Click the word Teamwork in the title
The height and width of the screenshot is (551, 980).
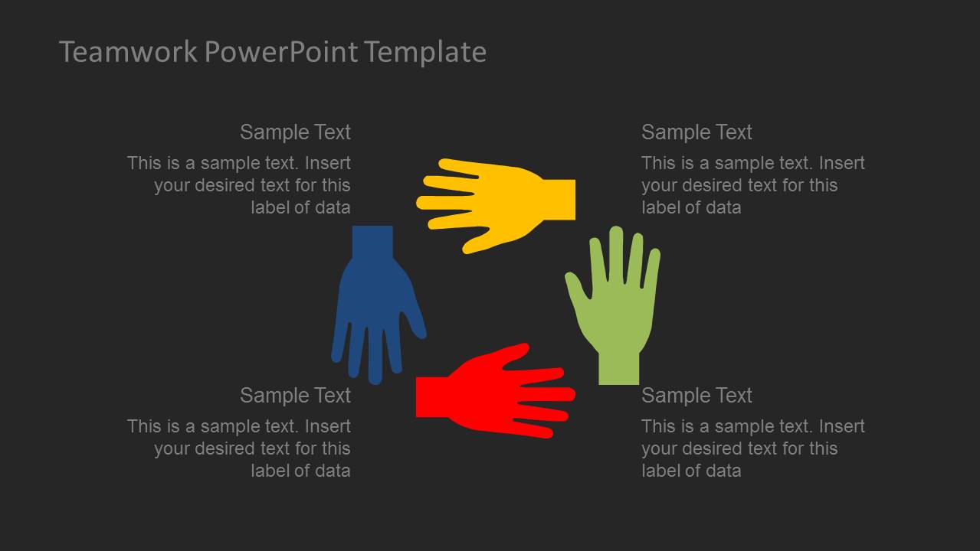[x=128, y=51]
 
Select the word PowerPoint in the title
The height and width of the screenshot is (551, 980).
[x=281, y=53]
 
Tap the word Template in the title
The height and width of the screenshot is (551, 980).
[x=426, y=53]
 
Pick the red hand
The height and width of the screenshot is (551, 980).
[x=496, y=391]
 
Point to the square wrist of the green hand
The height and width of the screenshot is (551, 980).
[x=618, y=368]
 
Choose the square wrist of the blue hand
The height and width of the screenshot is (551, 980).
[x=372, y=243]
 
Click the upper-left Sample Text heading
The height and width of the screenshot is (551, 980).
[x=295, y=132]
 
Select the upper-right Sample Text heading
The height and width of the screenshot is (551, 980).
[x=696, y=132]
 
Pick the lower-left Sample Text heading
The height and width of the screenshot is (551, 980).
[x=295, y=396]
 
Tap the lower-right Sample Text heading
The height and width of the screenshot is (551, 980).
[x=696, y=396]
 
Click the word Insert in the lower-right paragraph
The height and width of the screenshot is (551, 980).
[x=842, y=426]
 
